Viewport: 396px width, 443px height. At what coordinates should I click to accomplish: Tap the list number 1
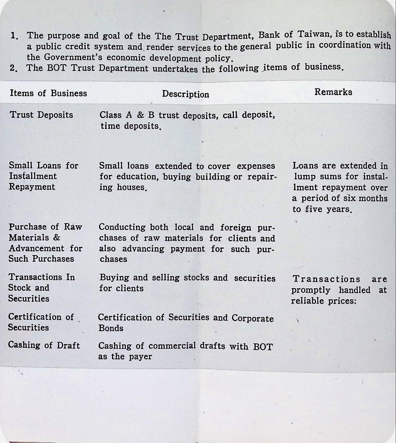click(14, 36)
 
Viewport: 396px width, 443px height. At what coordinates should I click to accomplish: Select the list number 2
click(14, 68)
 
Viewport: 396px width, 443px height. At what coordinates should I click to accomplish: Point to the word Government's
click(73, 57)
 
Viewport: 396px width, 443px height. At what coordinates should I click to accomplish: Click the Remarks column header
click(333, 92)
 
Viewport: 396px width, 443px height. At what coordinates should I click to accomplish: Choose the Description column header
click(185, 94)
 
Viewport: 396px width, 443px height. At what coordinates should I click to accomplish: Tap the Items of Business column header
click(48, 93)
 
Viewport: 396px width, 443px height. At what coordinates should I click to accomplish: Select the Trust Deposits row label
click(41, 115)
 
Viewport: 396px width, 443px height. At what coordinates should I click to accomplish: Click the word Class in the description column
click(111, 115)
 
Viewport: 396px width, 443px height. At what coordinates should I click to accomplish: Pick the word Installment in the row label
click(33, 176)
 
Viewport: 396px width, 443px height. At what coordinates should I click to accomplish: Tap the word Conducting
click(122, 227)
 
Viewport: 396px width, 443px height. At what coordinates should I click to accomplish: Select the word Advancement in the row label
click(36, 248)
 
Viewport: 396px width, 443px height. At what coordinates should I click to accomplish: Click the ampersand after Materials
click(57, 237)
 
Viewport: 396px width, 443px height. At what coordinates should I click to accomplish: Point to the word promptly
click(311, 290)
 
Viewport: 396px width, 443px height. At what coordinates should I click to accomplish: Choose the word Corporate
click(253, 318)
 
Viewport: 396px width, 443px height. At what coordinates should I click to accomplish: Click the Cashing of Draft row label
click(44, 345)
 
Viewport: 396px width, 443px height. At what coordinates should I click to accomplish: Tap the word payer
click(140, 357)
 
